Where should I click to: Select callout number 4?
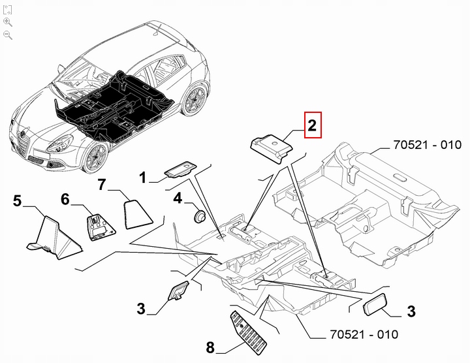178,199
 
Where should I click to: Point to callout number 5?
18,201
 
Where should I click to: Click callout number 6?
65,199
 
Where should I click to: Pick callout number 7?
102,185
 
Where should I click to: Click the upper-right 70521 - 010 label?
427,145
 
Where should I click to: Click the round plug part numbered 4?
200,215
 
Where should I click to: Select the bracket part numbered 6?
98,223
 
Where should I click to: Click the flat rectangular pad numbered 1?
181,170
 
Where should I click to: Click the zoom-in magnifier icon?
8,22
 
